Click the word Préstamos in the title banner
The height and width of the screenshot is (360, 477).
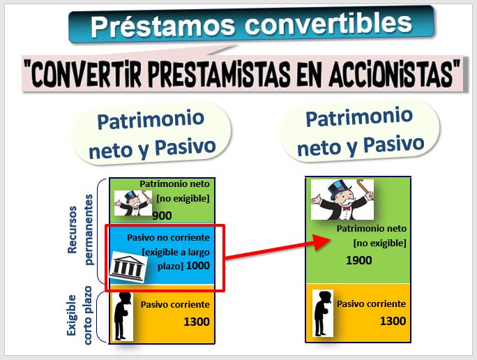pos(162,25)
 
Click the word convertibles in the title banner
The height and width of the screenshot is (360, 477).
pos(328,23)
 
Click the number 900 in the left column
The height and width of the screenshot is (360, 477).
pos(162,216)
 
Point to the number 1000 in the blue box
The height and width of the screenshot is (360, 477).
pos(198,266)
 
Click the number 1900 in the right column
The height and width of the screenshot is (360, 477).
pos(359,260)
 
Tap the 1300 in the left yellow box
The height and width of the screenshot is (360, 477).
pos(197,322)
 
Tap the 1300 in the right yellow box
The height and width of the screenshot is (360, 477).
pos(393,321)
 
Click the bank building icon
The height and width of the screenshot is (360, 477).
pos(128,267)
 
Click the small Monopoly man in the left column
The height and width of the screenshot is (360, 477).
pos(133,203)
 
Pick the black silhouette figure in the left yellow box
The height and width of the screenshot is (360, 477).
pos(123,317)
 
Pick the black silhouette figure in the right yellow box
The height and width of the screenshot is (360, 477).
pos(323,313)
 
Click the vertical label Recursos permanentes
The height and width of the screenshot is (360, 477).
pos(80,230)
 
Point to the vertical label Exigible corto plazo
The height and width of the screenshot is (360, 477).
pos(79,315)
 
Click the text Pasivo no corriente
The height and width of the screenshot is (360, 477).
pos(168,238)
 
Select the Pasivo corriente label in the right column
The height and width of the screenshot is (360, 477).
pos(371,303)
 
